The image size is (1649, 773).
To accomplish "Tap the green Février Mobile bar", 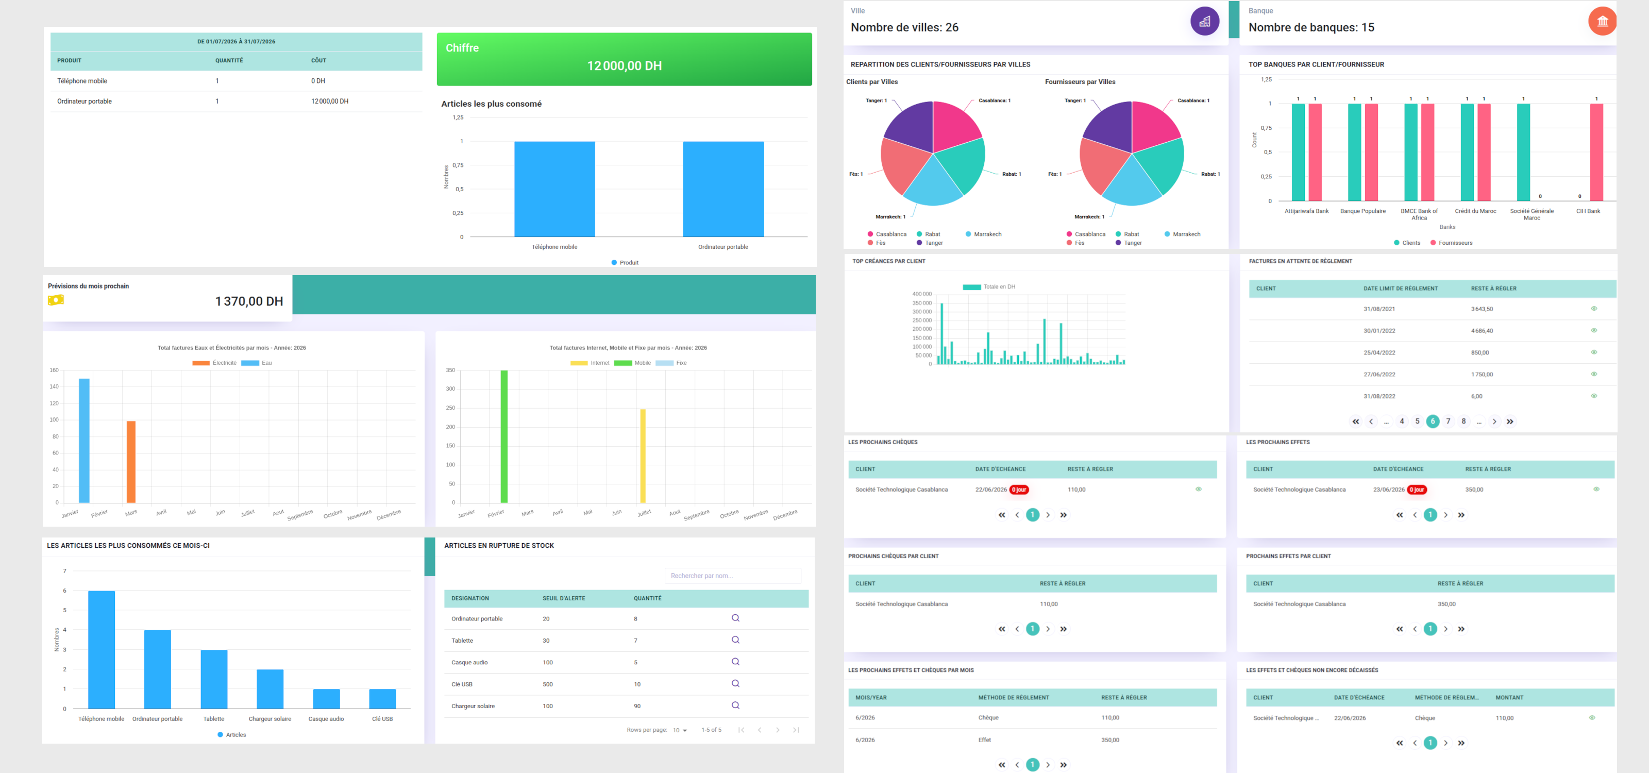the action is tap(504, 436).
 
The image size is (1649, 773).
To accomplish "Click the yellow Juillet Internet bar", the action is tap(643, 456).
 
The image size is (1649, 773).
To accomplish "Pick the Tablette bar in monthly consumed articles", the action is tap(214, 679).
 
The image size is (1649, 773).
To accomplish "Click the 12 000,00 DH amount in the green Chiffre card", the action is tap(624, 66).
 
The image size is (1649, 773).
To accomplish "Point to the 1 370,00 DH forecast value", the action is tap(249, 301).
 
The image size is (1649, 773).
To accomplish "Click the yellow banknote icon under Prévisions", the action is tap(56, 300).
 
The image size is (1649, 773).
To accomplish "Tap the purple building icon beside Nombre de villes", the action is tap(1204, 21).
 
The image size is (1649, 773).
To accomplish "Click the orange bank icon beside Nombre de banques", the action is tap(1602, 21).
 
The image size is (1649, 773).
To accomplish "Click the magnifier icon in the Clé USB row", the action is tap(735, 683).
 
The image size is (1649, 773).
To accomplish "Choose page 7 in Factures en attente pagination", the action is tap(1448, 421).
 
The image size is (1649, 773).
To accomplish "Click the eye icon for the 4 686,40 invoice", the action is tap(1594, 330).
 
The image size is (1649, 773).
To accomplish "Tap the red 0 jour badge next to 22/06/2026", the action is tap(1018, 490).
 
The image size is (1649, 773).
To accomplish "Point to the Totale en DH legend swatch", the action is tap(972, 287).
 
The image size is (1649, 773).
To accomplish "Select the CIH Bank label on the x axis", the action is tap(1588, 211).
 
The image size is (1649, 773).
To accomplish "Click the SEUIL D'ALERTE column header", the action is tap(564, 598).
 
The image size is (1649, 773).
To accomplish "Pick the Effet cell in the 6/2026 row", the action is tap(985, 740).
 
